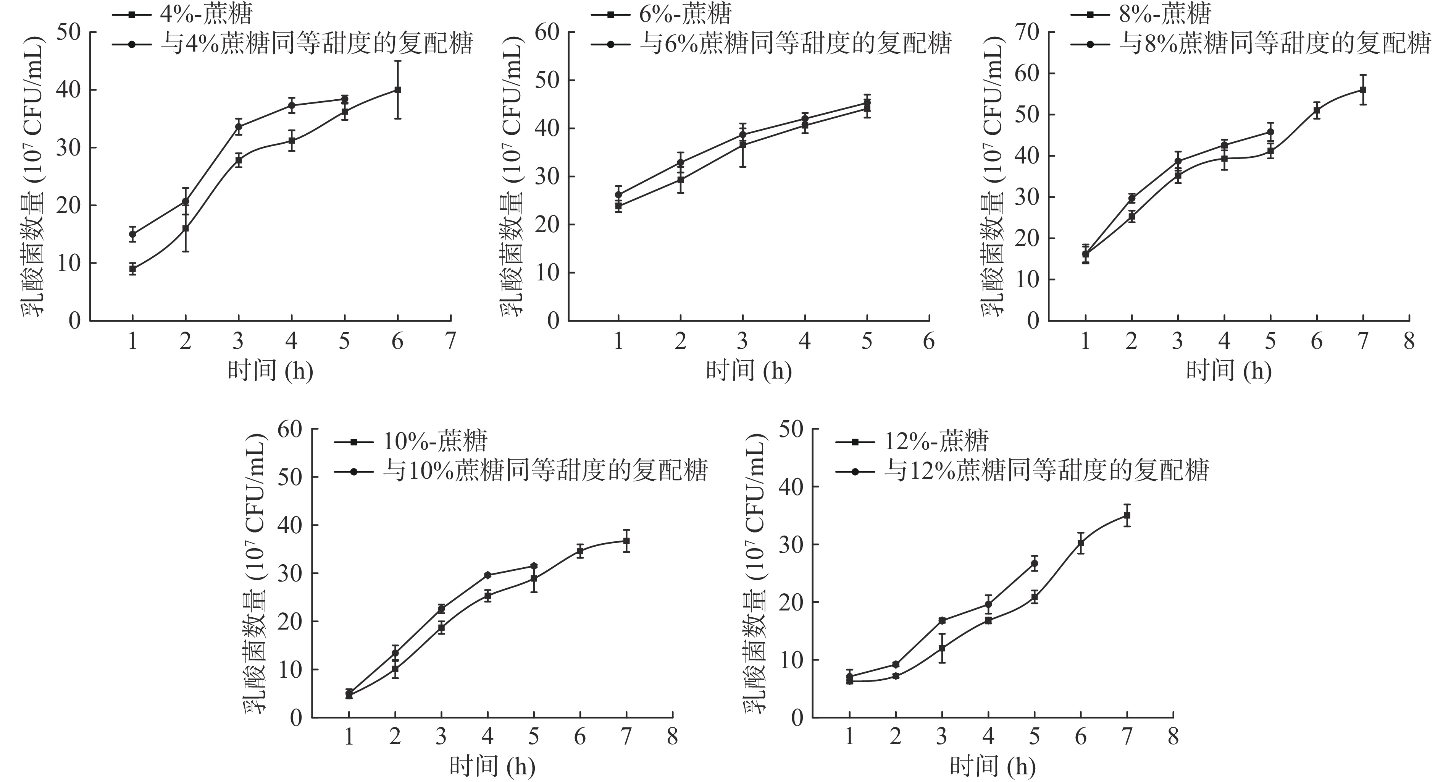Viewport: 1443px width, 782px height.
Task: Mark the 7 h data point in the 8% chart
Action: pyautogui.click(x=1363, y=90)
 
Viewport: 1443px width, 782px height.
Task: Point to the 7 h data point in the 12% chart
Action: pyautogui.click(x=1127, y=515)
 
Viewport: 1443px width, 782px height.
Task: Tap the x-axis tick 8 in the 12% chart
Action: pyautogui.click(x=1172, y=736)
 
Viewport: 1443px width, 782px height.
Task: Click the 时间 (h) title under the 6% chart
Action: pyautogui.click(x=748, y=371)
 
